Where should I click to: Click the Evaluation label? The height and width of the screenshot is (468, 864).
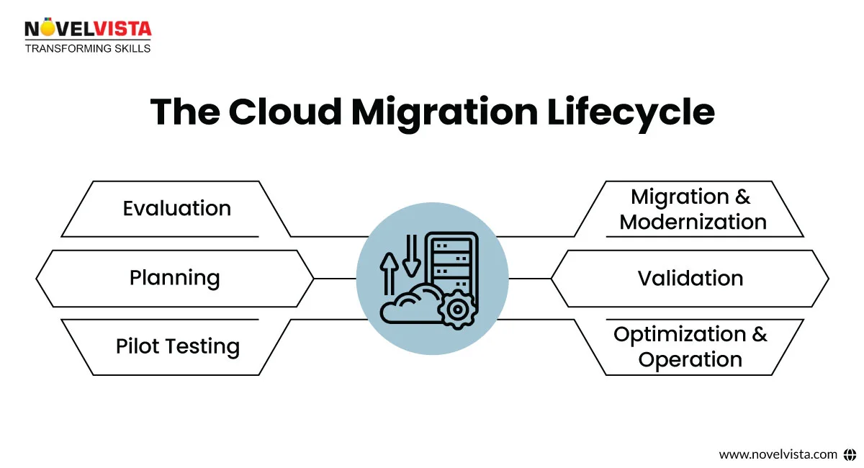[x=176, y=209]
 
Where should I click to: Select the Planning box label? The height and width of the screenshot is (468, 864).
[x=174, y=278]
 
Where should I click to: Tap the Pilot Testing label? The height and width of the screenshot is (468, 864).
[x=177, y=346]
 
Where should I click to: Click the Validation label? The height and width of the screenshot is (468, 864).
[x=690, y=278]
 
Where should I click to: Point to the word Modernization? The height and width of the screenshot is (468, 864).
[x=693, y=222]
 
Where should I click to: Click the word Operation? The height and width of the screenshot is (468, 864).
[x=690, y=359]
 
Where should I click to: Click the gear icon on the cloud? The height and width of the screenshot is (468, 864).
[x=455, y=310]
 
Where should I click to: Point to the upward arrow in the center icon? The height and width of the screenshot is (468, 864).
[x=390, y=274]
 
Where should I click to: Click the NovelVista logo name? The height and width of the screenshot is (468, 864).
[x=87, y=29]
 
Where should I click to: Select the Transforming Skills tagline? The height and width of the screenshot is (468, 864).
[x=87, y=48]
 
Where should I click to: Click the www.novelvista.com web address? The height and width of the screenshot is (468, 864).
[x=778, y=454]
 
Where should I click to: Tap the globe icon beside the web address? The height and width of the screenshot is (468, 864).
[x=850, y=454]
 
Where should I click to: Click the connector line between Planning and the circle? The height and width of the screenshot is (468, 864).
[x=336, y=278]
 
